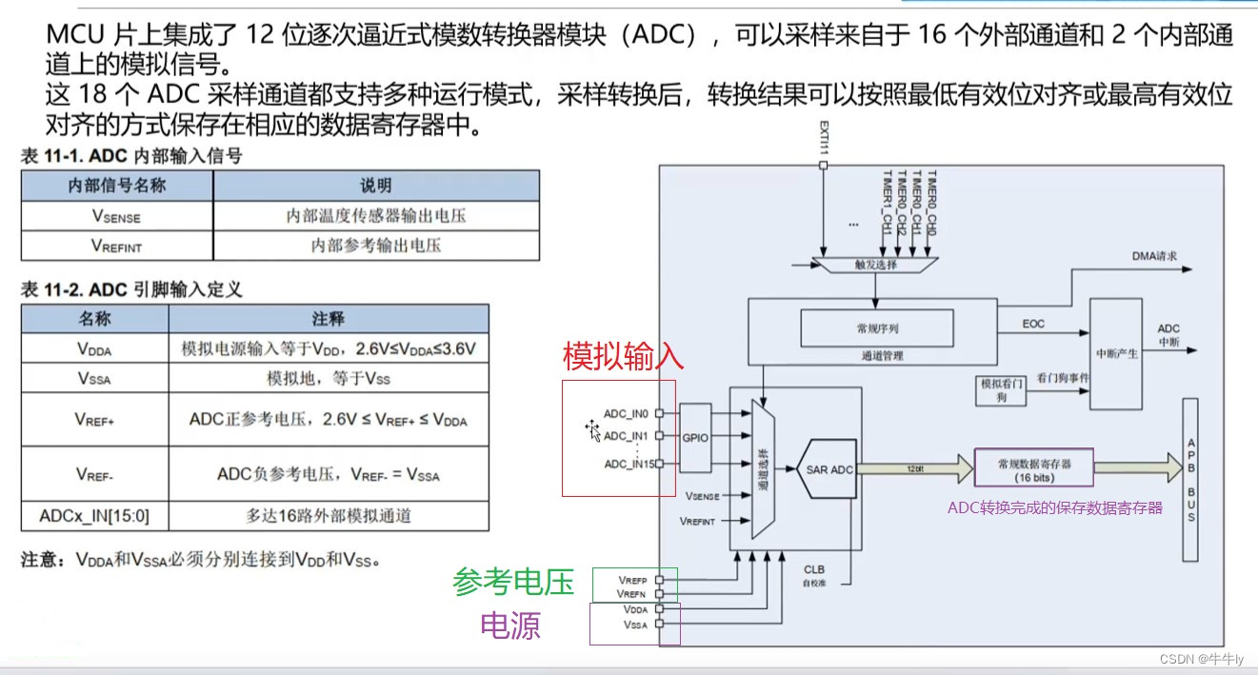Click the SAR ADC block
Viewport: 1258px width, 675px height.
pyautogui.click(x=829, y=469)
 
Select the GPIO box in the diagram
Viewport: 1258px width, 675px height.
pyautogui.click(x=696, y=438)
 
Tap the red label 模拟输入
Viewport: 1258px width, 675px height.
pyautogui.click(x=624, y=357)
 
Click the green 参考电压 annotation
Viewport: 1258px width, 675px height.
pyautogui.click(x=513, y=582)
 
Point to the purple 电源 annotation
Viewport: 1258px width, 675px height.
pyautogui.click(x=510, y=625)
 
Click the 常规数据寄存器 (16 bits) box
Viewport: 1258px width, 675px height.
pyautogui.click(x=1033, y=469)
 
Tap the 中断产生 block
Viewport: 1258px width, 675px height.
pyautogui.click(x=1116, y=352)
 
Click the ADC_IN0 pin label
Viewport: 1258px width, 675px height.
pyautogui.click(x=626, y=414)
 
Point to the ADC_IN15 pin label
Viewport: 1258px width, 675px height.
pyautogui.click(x=629, y=465)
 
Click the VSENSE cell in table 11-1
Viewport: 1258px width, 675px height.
pyautogui.click(x=117, y=216)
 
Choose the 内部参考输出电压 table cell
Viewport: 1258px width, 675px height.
pyautogui.click(x=376, y=246)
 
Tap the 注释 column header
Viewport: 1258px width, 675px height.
pyautogui.click(x=328, y=319)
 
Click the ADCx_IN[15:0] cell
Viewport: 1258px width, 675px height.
pyautogui.click(x=94, y=517)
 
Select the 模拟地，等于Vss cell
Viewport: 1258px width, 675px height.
pyautogui.click(x=328, y=378)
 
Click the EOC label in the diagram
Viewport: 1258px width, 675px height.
pyautogui.click(x=1033, y=324)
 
